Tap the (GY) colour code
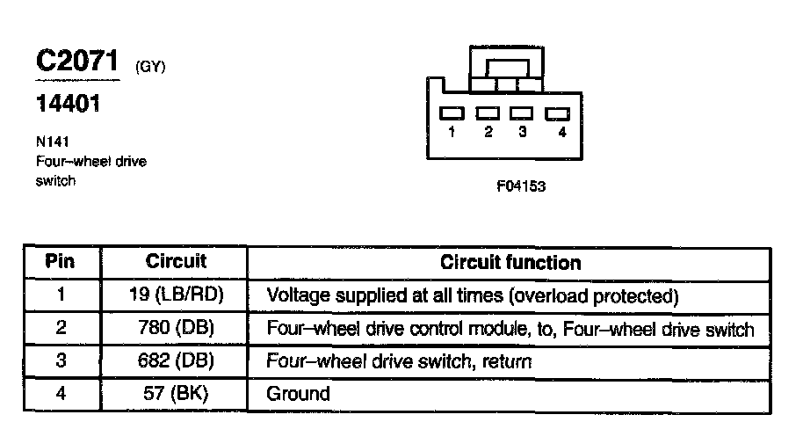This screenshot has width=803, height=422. pyautogui.click(x=151, y=67)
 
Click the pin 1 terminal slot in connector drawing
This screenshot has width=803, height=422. pyautogui.click(x=452, y=113)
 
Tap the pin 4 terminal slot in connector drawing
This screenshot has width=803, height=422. pyautogui.click(x=557, y=113)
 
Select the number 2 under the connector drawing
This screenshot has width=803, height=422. pyautogui.click(x=486, y=133)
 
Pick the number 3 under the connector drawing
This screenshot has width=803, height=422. pyautogui.click(x=522, y=133)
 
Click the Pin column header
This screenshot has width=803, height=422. pyautogui.click(x=61, y=261)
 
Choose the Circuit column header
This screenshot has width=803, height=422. pyautogui.click(x=176, y=261)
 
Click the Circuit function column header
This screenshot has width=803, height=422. pyautogui.click(x=510, y=262)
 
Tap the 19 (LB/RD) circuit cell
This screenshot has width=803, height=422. pyautogui.click(x=176, y=295)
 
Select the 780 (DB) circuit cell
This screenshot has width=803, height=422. pyautogui.click(x=176, y=328)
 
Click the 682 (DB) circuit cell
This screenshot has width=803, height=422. pyautogui.click(x=176, y=360)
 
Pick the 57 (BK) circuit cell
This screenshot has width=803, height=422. pyautogui.click(x=176, y=393)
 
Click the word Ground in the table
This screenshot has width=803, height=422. pyautogui.click(x=298, y=394)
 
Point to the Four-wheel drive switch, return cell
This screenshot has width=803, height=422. pyautogui.click(x=400, y=361)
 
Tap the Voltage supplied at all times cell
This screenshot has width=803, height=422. pyautogui.click(x=473, y=295)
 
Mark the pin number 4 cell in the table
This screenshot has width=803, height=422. pyautogui.click(x=61, y=393)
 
